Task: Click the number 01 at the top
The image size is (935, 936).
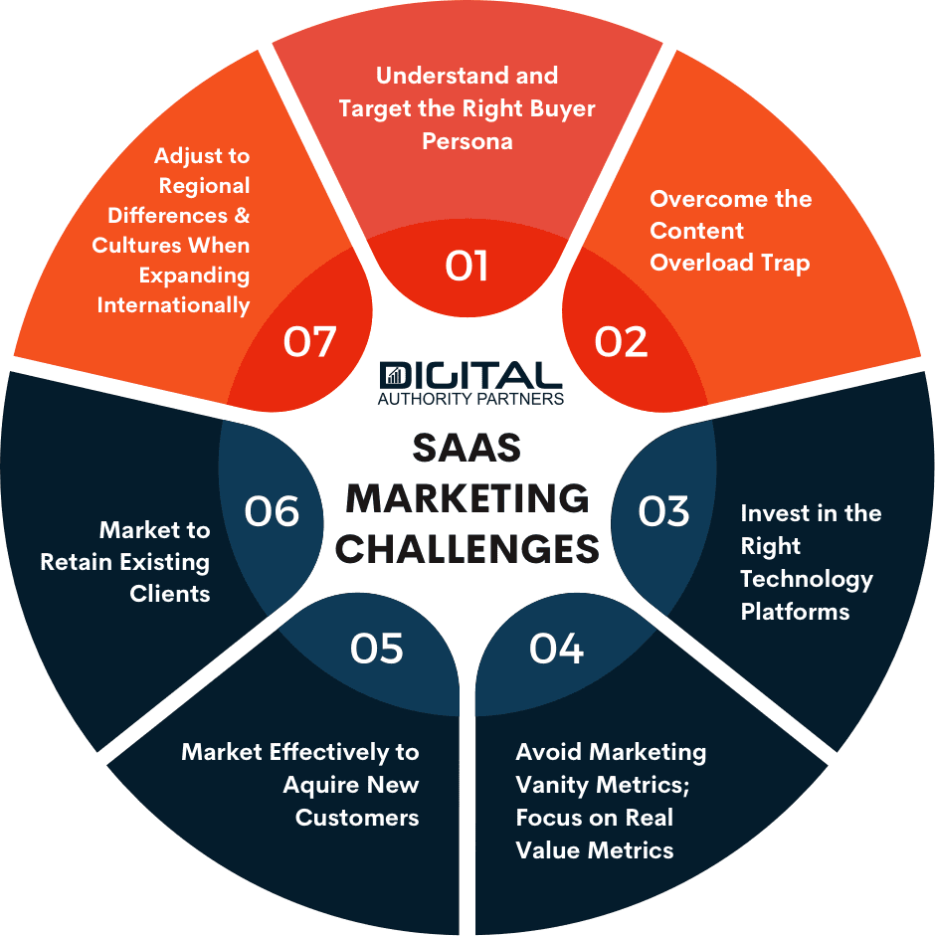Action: click(x=467, y=267)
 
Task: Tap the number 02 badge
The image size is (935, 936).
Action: click(x=621, y=341)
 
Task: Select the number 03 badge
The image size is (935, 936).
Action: click(x=663, y=511)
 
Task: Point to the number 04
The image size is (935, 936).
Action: click(x=556, y=649)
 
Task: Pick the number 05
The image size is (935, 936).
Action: click(x=377, y=649)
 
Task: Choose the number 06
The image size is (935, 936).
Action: click(x=272, y=511)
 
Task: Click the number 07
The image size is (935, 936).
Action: click(x=309, y=341)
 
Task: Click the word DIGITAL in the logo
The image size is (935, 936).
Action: click(x=470, y=376)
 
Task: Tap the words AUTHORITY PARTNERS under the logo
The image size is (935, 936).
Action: click(x=470, y=399)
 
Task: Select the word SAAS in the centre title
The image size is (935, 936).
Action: click(x=467, y=449)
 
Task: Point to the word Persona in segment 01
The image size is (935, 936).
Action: click(x=467, y=140)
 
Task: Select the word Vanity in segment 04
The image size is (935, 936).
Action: click(x=552, y=784)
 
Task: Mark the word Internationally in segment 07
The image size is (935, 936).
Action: click(x=173, y=304)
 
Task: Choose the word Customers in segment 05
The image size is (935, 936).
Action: click(x=357, y=817)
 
